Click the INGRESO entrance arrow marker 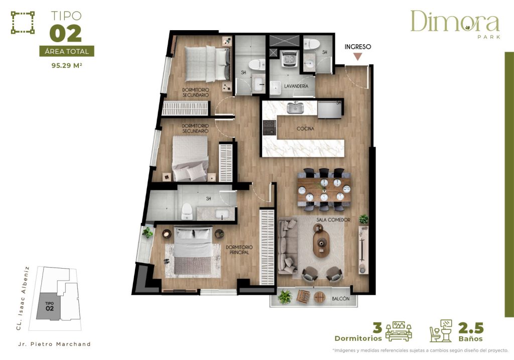coord(357,56)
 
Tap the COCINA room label coord(305,129)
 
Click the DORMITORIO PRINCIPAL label coord(239,250)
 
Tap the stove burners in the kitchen coord(270,129)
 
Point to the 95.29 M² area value coord(67,65)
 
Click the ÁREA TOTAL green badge coord(67,51)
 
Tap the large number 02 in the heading coord(65,33)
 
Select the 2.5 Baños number coord(470,328)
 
